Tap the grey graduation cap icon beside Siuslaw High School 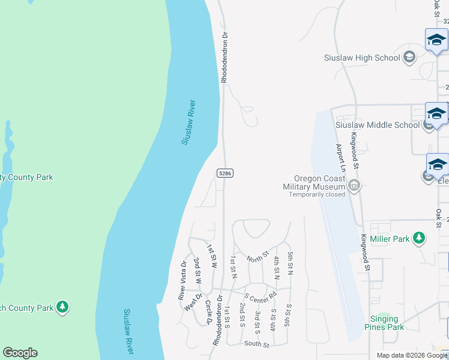click(410, 58)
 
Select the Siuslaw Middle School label click(378, 125)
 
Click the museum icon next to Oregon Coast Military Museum click(354, 185)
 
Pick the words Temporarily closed click(318, 194)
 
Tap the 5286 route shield click(225, 173)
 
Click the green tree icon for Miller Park click(419, 238)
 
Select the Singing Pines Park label click(384, 323)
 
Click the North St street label click(256, 257)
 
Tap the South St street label click(256, 343)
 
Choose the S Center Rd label click(260, 296)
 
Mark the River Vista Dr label click(182, 280)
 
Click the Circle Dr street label click(208, 312)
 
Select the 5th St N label click(290, 264)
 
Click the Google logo click(20, 353)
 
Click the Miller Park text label click(390, 239)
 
